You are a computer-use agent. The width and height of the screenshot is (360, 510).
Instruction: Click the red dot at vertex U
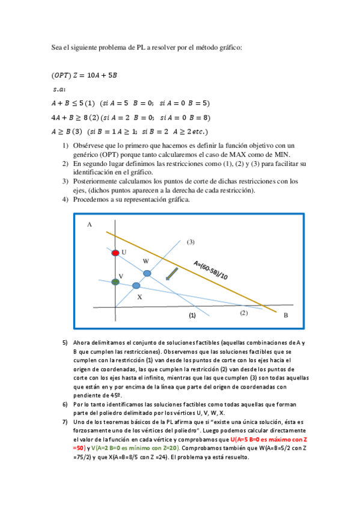tap(115, 253)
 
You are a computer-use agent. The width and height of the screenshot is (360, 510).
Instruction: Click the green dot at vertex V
tap(115, 281)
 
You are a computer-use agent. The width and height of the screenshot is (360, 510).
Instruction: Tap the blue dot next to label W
tap(147, 273)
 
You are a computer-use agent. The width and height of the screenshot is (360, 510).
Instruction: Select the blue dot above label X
tap(136, 285)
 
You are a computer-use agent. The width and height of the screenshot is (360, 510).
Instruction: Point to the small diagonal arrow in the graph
tap(171, 274)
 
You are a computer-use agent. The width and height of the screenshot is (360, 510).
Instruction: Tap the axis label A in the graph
tap(89, 224)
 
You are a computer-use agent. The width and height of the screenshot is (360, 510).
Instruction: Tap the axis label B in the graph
tap(285, 315)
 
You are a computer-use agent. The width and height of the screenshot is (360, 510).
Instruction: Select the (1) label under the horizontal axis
tap(192, 315)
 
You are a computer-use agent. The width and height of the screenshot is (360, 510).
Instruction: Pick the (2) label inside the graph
tap(243, 313)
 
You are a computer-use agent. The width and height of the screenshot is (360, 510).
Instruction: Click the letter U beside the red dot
tap(124, 252)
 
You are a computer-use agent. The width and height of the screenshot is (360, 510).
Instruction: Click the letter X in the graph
tap(139, 296)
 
